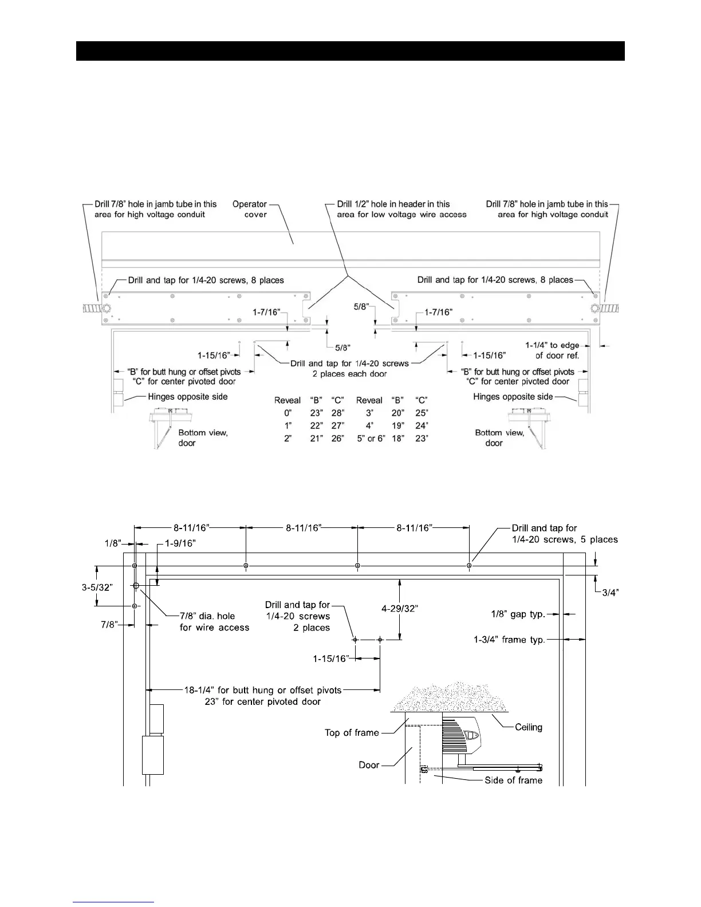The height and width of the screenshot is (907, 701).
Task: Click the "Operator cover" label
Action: pos(250,209)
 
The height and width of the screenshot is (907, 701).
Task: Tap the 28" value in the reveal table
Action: pos(338,413)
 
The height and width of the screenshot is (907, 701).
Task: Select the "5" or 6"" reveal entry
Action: pos(369,438)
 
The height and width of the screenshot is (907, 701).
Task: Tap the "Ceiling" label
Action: pos(528,727)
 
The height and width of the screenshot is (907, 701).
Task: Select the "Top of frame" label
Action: pos(352,732)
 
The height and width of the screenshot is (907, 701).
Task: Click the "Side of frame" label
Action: pos(513,780)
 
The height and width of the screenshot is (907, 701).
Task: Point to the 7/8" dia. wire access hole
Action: pos(136,586)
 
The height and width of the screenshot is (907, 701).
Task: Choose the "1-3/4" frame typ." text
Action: pos(509,640)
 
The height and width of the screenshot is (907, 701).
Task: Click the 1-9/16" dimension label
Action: pos(180,543)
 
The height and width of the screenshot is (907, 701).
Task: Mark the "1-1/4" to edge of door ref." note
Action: pos(552,350)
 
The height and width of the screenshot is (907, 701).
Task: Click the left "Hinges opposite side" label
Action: pos(188,397)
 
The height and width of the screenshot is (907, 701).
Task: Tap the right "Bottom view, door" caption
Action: pos(499,437)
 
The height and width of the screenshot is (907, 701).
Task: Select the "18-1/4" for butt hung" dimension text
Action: pos(262,690)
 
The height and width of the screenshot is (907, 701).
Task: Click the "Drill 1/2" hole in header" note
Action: pos(401,209)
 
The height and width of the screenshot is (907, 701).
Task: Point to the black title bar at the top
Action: pos(350,51)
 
